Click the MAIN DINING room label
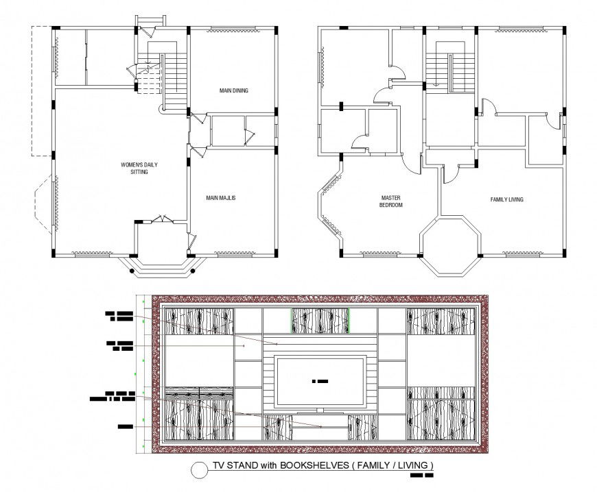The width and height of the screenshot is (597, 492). pyautogui.click(x=233, y=90)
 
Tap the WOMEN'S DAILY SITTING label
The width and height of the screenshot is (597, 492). pyautogui.click(x=134, y=168)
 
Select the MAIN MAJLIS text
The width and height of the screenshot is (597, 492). pyautogui.click(x=221, y=198)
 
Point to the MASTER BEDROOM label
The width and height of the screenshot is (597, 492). pyautogui.click(x=392, y=201)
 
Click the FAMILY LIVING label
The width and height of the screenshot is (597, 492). pyautogui.click(x=506, y=199)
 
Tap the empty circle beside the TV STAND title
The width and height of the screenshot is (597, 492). pyautogui.click(x=198, y=469)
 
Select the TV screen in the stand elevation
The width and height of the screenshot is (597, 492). pyautogui.click(x=319, y=381)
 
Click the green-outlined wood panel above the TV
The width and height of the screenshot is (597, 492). pyautogui.click(x=320, y=321)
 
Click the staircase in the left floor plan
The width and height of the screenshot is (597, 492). pyautogui.click(x=176, y=79)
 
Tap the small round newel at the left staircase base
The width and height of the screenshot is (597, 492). pyautogui.click(x=163, y=108)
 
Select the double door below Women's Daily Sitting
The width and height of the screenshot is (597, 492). pyautogui.click(x=162, y=219)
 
